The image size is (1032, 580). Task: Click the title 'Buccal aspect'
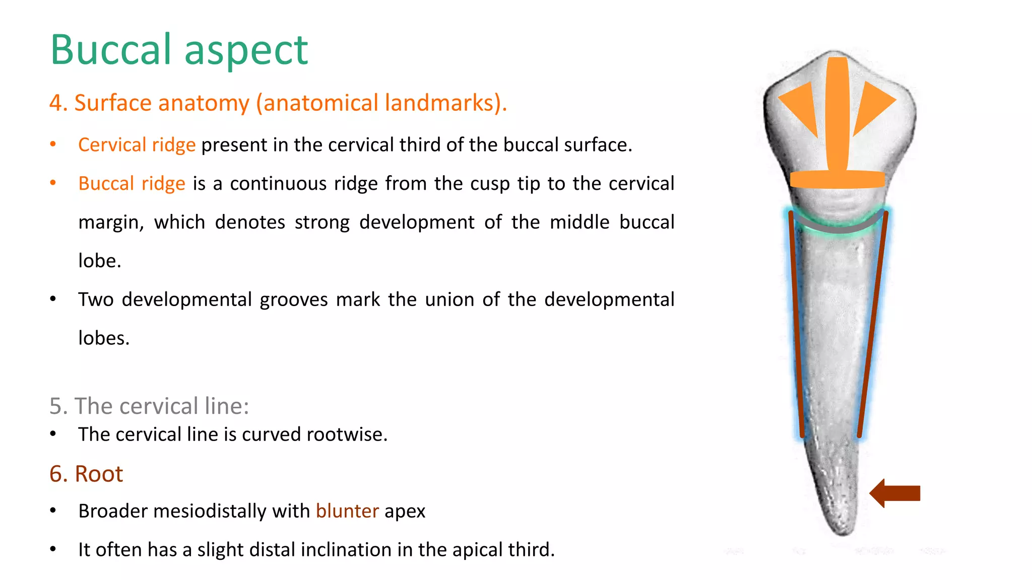(179, 50)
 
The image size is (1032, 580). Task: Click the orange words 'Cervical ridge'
(137, 145)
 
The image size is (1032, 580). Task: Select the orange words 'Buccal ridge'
(132, 184)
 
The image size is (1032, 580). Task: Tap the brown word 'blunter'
(347, 511)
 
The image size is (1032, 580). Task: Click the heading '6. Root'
(86, 474)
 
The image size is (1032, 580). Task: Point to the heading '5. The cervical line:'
(149, 406)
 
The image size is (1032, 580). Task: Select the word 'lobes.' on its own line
(104, 338)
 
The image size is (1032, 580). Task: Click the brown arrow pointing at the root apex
(895, 493)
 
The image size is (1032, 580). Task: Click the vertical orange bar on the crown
(837, 113)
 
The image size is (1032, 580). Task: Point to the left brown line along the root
(796, 322)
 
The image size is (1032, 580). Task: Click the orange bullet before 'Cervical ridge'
(53, 144)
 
